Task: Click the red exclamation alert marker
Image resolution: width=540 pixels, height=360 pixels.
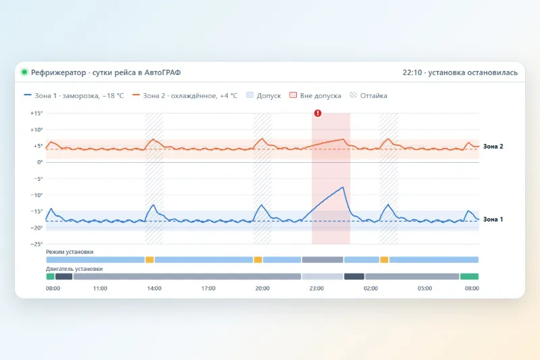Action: click(317, 113)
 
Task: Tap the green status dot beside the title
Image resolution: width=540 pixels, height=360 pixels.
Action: click(24, 72)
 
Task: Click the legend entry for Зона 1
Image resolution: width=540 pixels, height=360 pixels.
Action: click(74, 95)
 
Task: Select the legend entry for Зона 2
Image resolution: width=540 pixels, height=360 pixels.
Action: click(185, 95)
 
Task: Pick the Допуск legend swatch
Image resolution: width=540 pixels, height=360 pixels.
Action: click(250, 95)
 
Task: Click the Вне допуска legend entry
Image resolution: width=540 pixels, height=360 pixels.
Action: click(315, 95)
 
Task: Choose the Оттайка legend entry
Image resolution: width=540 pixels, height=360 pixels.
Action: click(368, 95)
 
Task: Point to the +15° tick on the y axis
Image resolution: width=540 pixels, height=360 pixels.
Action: click(36, 113)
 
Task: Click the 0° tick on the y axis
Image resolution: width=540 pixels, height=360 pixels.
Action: click(40, 162)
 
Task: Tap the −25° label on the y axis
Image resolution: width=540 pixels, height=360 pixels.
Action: click(36, 244)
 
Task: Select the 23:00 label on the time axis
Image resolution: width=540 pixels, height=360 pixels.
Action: click(317, 288)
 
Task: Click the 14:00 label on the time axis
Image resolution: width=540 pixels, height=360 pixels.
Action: click(155, 288)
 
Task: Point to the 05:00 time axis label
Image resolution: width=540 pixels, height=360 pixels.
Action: click(425, 288)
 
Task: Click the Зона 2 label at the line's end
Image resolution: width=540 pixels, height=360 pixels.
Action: click(493, 147)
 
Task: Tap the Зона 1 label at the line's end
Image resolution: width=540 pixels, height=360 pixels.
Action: click(493, 219)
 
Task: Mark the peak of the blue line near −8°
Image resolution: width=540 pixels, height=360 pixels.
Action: click(343, 187)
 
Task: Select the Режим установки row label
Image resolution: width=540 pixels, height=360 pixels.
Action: click(70, 252)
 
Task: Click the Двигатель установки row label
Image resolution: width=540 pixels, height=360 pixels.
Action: click(74, 269)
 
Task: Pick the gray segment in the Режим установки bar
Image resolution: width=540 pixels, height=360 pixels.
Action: click(323, 259)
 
